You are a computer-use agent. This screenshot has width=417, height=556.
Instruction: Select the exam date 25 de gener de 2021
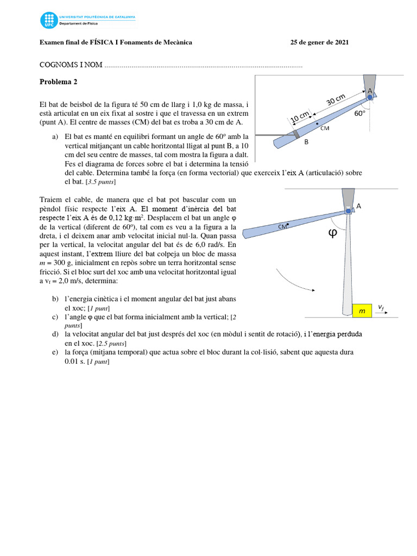[319, 42]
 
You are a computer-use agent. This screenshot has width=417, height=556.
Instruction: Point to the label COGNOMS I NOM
[71, 65]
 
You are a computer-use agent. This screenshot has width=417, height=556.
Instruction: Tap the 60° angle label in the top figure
[359, 113]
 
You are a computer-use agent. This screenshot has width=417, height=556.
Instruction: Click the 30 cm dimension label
[336, 101]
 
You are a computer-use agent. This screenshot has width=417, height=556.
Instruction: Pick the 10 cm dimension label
[299, 117]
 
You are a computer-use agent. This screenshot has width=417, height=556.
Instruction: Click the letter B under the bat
[306, 142]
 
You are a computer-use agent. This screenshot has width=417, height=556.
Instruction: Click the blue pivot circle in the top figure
[370, 97]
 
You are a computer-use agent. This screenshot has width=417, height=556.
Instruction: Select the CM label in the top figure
[325, 128]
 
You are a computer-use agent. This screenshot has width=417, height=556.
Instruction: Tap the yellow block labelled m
[361, 310]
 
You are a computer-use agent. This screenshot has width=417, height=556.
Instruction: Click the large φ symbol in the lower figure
[333, 233]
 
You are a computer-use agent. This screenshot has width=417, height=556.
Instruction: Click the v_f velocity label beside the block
[381, 307]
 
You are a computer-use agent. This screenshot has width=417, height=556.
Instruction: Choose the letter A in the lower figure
[358, 206]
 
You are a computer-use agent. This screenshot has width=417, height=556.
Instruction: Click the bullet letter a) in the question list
[55, 137]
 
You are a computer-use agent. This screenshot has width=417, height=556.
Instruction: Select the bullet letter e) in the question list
[55, 352]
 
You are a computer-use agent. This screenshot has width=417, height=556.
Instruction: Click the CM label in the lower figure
[282, 227]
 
